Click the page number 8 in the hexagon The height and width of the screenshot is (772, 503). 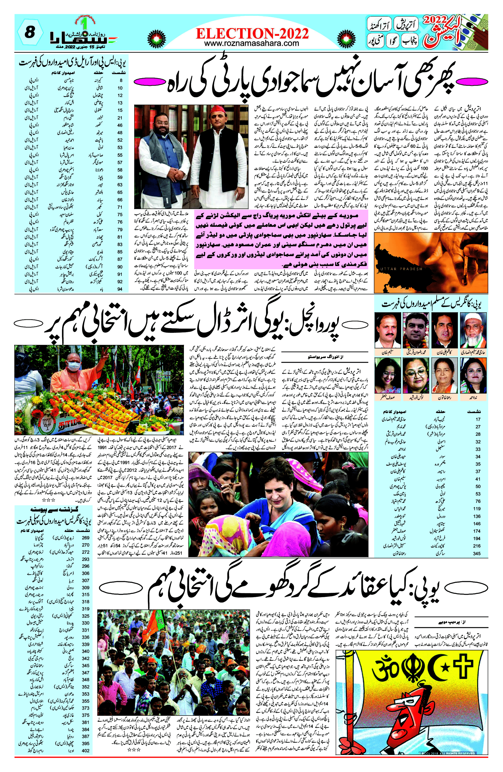[x=30, y=33]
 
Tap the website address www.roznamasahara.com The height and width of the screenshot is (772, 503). [x=252, y=43]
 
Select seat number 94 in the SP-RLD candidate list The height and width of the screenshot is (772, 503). [x=120, y=289]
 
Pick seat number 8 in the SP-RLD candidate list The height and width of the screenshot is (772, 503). [x=121, y=80]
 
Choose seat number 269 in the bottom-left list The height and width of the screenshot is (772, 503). [x=86, y=537]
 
